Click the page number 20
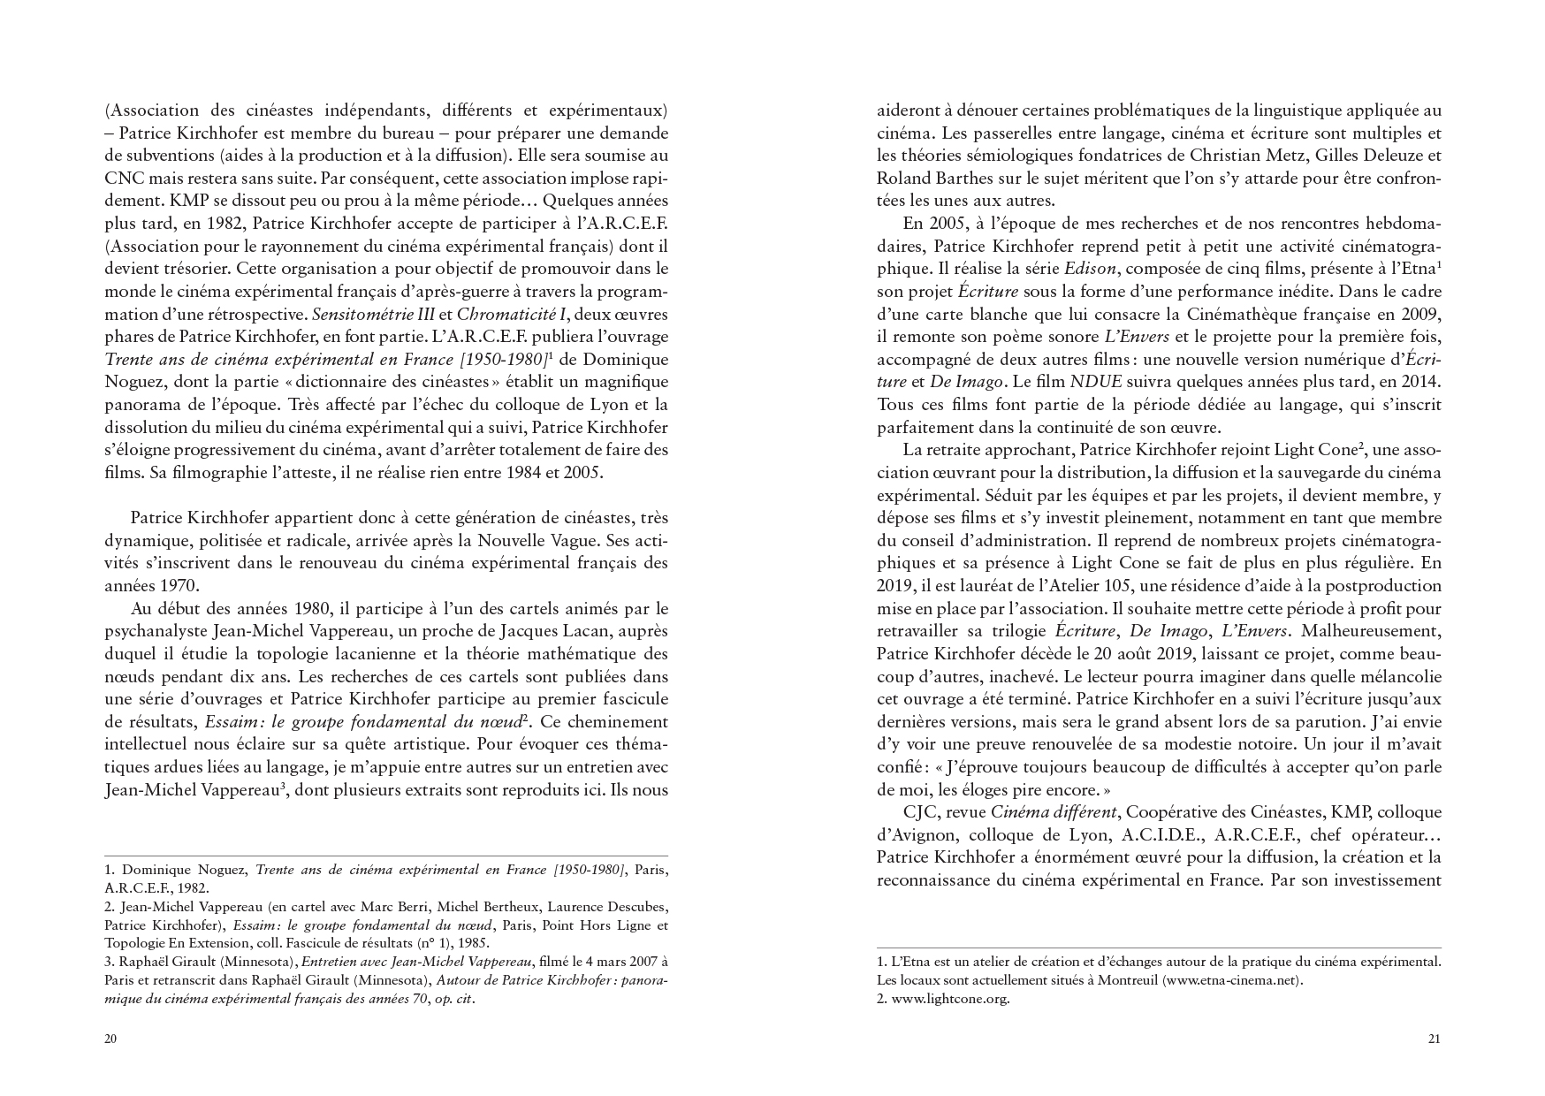tap(110, 1039)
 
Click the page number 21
tap(1434, 1039)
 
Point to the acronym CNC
tap(120, 179)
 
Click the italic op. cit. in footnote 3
tap(454, 999)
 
